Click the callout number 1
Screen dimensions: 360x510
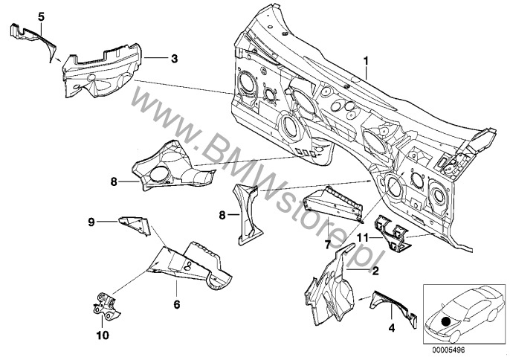(365, 59)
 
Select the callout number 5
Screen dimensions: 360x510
(20, 16)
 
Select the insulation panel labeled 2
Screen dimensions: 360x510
(328, 286)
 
